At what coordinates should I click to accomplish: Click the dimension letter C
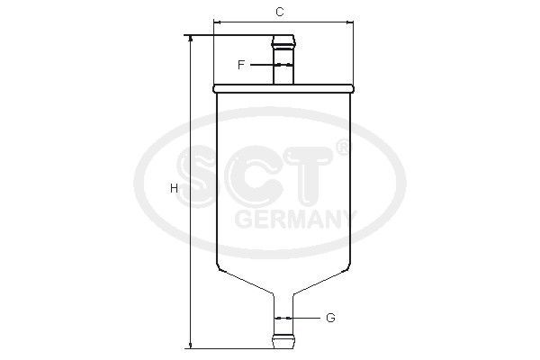[x=280, y=12]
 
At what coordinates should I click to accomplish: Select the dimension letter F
[x=241, y=65]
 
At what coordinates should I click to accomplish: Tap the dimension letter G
[x=330, y=318]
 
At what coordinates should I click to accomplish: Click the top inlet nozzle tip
[x=283, y=39]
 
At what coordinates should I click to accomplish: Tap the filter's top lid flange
[x=283, y=88]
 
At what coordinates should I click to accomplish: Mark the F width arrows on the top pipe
[x=283, y=65]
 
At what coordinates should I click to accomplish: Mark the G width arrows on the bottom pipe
[x=283, y=318]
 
